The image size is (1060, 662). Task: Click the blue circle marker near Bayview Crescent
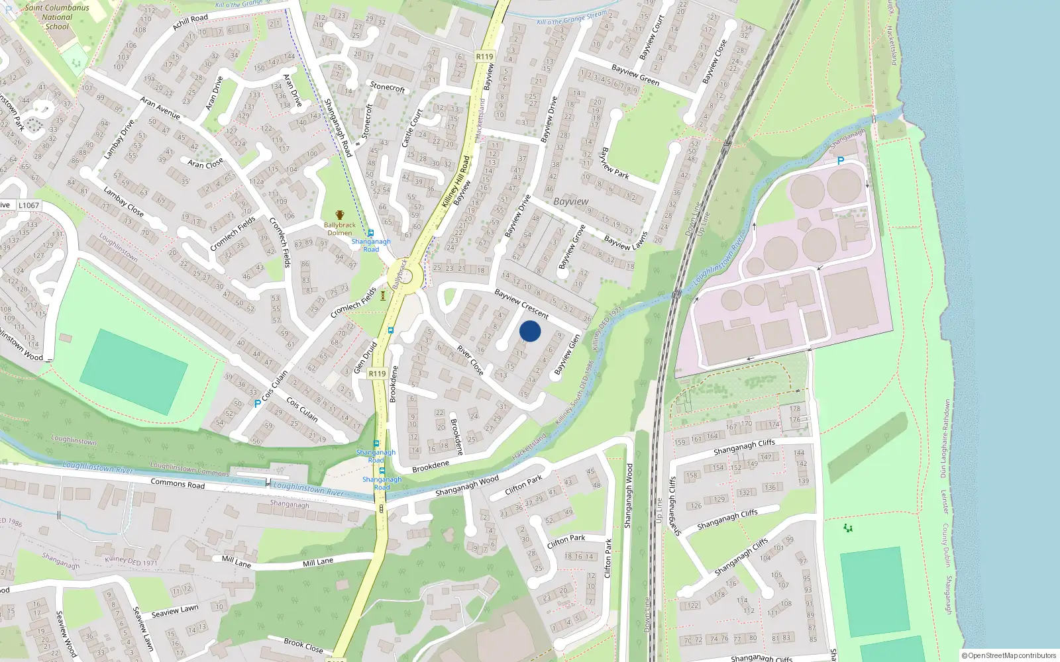click(529, 331)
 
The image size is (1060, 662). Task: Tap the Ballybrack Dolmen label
click(340, 228)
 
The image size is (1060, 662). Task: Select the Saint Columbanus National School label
click(57, 17)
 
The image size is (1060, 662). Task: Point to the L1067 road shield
click(28, 205)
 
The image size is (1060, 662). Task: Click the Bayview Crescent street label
click(521, 304)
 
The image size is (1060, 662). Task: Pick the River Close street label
click(470, 359)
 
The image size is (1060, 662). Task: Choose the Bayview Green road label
click(635, 75)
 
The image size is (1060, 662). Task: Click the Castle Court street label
click(411, 128)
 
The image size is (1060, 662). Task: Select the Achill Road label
click(190, 23)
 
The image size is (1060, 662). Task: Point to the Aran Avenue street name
click(160, 108)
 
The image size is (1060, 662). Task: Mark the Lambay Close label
click(123, 201)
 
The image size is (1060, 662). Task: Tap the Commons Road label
click(178, 483)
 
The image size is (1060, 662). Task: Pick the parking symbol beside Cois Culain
click(257, 403)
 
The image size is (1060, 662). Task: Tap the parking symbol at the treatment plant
click(841, 161)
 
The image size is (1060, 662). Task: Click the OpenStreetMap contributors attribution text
click(1009, 655)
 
